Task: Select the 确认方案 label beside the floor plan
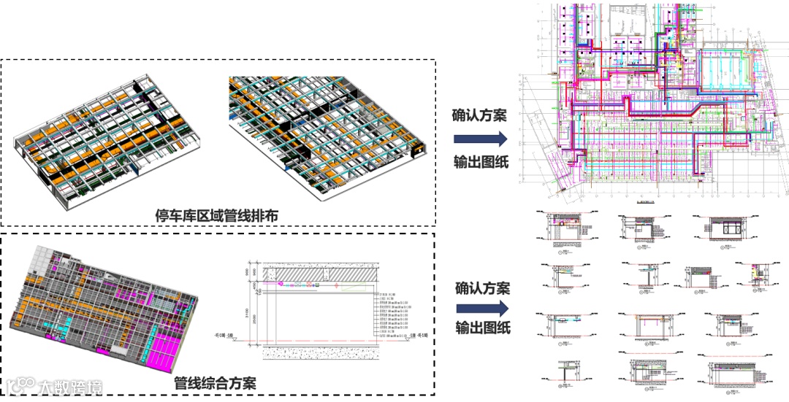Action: pyautogui.click(x=479, y=115)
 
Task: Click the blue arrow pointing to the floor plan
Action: pyautogui.click(x=480, y=139)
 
